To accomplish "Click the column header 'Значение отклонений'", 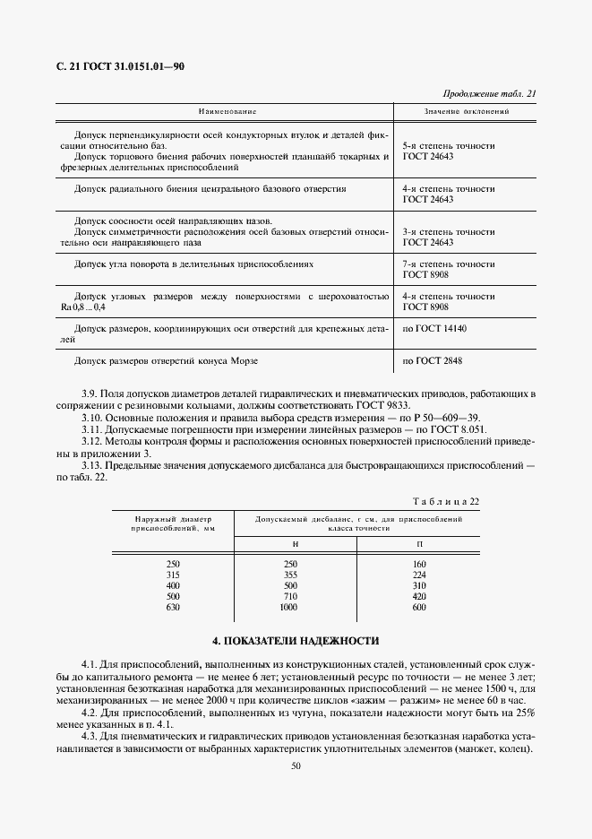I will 466,113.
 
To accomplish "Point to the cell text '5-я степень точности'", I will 449,144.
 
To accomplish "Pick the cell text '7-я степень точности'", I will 449,265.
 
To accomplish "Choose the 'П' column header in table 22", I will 420,545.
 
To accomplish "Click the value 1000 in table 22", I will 287,607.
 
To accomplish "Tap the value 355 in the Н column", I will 289,575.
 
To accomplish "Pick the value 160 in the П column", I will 420,564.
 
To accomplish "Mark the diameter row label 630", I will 173,607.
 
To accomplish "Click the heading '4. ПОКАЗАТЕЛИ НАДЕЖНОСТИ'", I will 296,641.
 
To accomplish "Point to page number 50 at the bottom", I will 296,765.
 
